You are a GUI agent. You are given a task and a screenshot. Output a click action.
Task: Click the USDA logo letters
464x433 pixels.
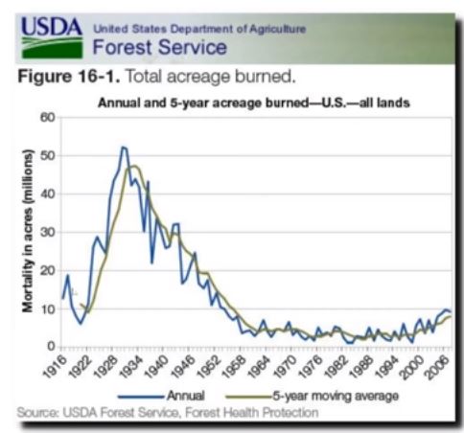[x=52, y=27]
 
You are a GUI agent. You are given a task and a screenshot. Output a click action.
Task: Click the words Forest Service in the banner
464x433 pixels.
[x=160, y=47]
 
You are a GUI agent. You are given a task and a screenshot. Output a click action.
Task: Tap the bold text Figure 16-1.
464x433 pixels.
[x=69, y=77]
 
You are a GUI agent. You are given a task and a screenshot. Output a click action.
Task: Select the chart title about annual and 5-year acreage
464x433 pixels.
[x=254, y=103]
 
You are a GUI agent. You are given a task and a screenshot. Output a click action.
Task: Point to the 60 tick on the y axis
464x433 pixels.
[x=48, y=118]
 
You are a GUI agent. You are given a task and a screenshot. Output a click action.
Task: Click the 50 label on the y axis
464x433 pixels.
[x=48, y=156]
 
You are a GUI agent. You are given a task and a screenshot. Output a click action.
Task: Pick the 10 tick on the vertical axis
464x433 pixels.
[x=48, y=309]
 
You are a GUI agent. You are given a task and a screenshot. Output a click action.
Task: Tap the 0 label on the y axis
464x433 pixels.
[x=51, y=346]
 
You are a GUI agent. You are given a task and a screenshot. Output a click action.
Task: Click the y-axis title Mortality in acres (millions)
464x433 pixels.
[x=28, y=231]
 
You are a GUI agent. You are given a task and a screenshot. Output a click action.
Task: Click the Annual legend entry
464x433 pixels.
[x=161, y=396]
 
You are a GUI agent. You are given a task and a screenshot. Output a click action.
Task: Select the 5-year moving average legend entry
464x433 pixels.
[x=313, y=396]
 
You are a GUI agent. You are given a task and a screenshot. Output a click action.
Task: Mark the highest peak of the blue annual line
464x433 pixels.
[x=123, y=148]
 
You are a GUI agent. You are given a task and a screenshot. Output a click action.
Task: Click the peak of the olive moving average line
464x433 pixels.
[x=134, y=166]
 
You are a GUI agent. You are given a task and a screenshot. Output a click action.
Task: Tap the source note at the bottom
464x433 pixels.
[x=168, y=413]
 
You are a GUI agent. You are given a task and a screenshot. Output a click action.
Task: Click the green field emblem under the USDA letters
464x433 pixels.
[x=52, y=48]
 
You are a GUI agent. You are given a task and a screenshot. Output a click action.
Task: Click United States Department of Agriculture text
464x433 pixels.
[x=199, y=29]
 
